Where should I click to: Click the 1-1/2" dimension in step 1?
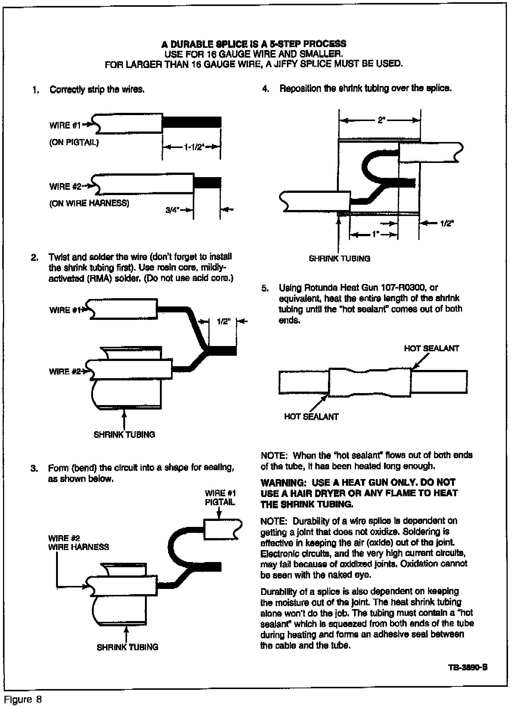pyautogui.click(x=193, y=146)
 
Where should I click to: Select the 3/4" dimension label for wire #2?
pyautogui.click(x=173, y=210)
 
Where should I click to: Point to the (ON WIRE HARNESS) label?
pyautogui.click(x=89, y=204)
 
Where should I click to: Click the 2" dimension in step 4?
pyautogui.click(x=381, y=121)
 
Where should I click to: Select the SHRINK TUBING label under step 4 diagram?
pyautogui.click(x=340, y=258)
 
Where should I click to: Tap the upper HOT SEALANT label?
pyautogui.click(x=431, y=348)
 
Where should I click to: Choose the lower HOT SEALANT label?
pyautogui.click(x=311, y=417)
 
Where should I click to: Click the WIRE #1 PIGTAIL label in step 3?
pyautogui.click(x=220, y=498)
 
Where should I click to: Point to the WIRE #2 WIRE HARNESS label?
pyautogui.click(x=78, y=543)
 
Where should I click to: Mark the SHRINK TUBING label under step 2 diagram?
pyautogui.click(x=124, y=435)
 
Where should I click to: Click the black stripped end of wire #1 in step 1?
pyautogui.click(x=191, y=122)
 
